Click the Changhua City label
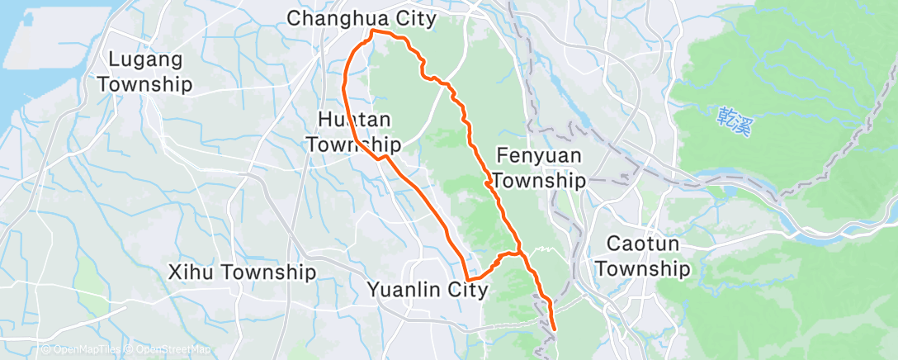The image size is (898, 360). coord(361,17)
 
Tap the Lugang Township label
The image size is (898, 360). coord(150,72)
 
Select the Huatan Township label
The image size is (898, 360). coord(353,133)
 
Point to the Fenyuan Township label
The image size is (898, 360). coord(541,168)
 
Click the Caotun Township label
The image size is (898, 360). coord(642,256)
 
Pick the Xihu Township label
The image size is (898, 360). coord(242,272)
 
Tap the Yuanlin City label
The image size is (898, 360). coord(427,290)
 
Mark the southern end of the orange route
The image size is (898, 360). coord(553,330)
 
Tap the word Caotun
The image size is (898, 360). coord(642,244)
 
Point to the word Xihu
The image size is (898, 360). coord(191,272)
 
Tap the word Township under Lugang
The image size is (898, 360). coord(150,84)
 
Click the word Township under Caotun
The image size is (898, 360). coord(642,269)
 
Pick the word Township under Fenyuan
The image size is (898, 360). coord(541,180)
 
